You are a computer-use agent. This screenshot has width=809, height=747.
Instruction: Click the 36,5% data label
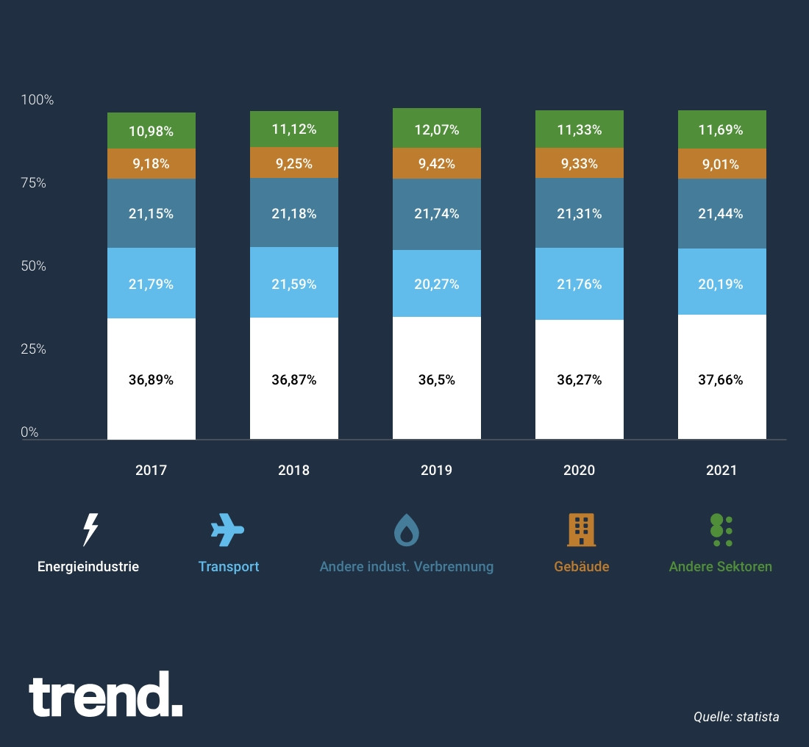pyautogui.click(x=436, y=380)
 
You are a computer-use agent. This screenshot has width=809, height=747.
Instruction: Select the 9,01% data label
pyautogui.click(x=721, y=164)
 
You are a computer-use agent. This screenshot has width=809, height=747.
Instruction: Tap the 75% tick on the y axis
pyautogui.click(x=32, y=183)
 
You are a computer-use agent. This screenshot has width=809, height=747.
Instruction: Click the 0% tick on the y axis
pyautogui.click(x=29, y=432)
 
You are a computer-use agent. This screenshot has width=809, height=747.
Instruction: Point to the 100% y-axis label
pyautogui.click(x=37, y=100)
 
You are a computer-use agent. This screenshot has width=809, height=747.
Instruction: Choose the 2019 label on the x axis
pyautogui.click(x=436, y=470)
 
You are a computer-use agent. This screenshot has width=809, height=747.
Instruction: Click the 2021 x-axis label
pyautogui.click(x=721, y=470)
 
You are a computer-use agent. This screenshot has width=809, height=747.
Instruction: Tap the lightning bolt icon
pyautogui.click(x=89, y=529)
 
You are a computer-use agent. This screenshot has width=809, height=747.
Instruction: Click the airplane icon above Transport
pyautogui.click(x=227, y=529)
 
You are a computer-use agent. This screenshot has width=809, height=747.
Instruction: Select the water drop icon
pyautogui.click(x=406, y=529)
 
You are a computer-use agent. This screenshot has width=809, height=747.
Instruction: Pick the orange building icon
pyautogui.click(x=581, y=529)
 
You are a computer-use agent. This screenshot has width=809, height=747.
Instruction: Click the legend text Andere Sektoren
pyautogui.click(x=720, y=567)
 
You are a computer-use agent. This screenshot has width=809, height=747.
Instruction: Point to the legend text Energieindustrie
pyautogui.click(x=88, y=567)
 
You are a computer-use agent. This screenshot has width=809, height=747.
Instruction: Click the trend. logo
pyautogui.click(x=105, y=696)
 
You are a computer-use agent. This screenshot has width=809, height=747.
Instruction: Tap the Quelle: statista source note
pyautogui.click(x=735, y=717)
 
